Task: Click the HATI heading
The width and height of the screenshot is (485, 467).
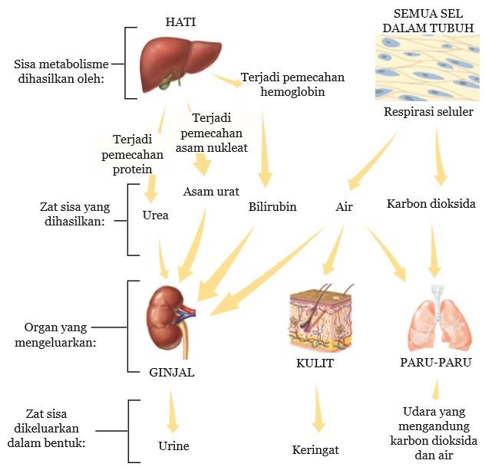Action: pyautogui.click(x=181, y=21)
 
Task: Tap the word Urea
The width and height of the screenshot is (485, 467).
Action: pyautogui.click(x=155, y=215)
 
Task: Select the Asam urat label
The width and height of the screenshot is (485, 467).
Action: pyautogui.click(x=211, y=191)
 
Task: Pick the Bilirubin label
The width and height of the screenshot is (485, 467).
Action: pyautogui.click(x=272, y=207)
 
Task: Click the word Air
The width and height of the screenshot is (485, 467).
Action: pyautogui.click(x=344, y=207)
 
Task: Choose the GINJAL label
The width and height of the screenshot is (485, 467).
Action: pyautogui.click(x=171, y=373)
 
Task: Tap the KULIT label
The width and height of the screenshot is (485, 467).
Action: pyautogui.click(x=315, y=363)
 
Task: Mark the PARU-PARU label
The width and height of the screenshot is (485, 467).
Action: pyautogui.click(x=435, y=362)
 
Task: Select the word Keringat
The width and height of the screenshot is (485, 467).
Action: pyautogui.click(x=315, y=449)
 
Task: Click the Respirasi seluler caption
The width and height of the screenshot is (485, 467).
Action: pyautogui.click(x=428, y=112)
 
